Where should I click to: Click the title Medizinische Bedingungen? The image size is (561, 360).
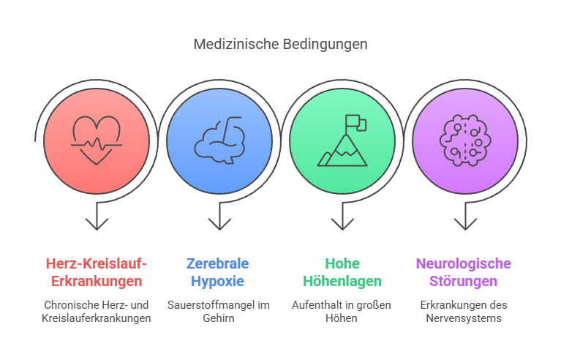pos(280,44)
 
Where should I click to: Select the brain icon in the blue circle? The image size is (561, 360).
pos(219,139)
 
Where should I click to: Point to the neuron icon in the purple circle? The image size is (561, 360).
pos(464,138)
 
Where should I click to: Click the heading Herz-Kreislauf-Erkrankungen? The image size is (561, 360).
pos(97,272)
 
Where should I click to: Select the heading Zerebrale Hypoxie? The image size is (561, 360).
pos(218,272)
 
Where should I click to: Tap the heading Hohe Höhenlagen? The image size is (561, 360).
pos(342,272)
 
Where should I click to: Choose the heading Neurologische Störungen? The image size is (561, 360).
pos(464,272)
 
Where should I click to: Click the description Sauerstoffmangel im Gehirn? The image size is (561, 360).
pos(218,311)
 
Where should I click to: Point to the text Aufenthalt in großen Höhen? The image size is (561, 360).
pos(342,311)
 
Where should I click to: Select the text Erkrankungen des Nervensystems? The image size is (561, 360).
pos(464,311)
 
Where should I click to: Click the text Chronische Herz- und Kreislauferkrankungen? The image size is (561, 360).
pos(97,311)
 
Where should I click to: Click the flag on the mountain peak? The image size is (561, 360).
pos(353,121)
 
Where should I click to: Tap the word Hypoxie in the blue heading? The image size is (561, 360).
pos(218,281)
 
